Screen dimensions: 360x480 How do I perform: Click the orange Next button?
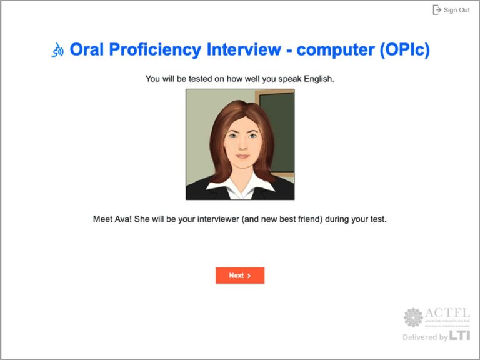tap(239, 276)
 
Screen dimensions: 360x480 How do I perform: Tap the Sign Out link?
tap(456, 10)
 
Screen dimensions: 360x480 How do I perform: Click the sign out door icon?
tap(437, 10)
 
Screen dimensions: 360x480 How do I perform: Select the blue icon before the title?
tap(57, 51)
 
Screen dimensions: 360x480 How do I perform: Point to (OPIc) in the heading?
tap(404, 50)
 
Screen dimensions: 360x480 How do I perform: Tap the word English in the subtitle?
tap(319, 79)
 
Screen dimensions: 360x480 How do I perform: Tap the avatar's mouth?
tap(241, 157)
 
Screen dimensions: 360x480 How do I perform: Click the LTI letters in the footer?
tap(459, 336)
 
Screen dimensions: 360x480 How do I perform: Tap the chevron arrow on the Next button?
tap(249, 276)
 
